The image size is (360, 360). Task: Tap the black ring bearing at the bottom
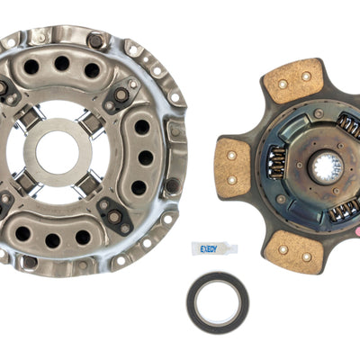pyautogui.click(x=219, y=301)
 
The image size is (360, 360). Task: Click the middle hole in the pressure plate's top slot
pyautogui.click(x=62, y=63)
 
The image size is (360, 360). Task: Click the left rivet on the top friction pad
pyautogui.click(x=283, y=84)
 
